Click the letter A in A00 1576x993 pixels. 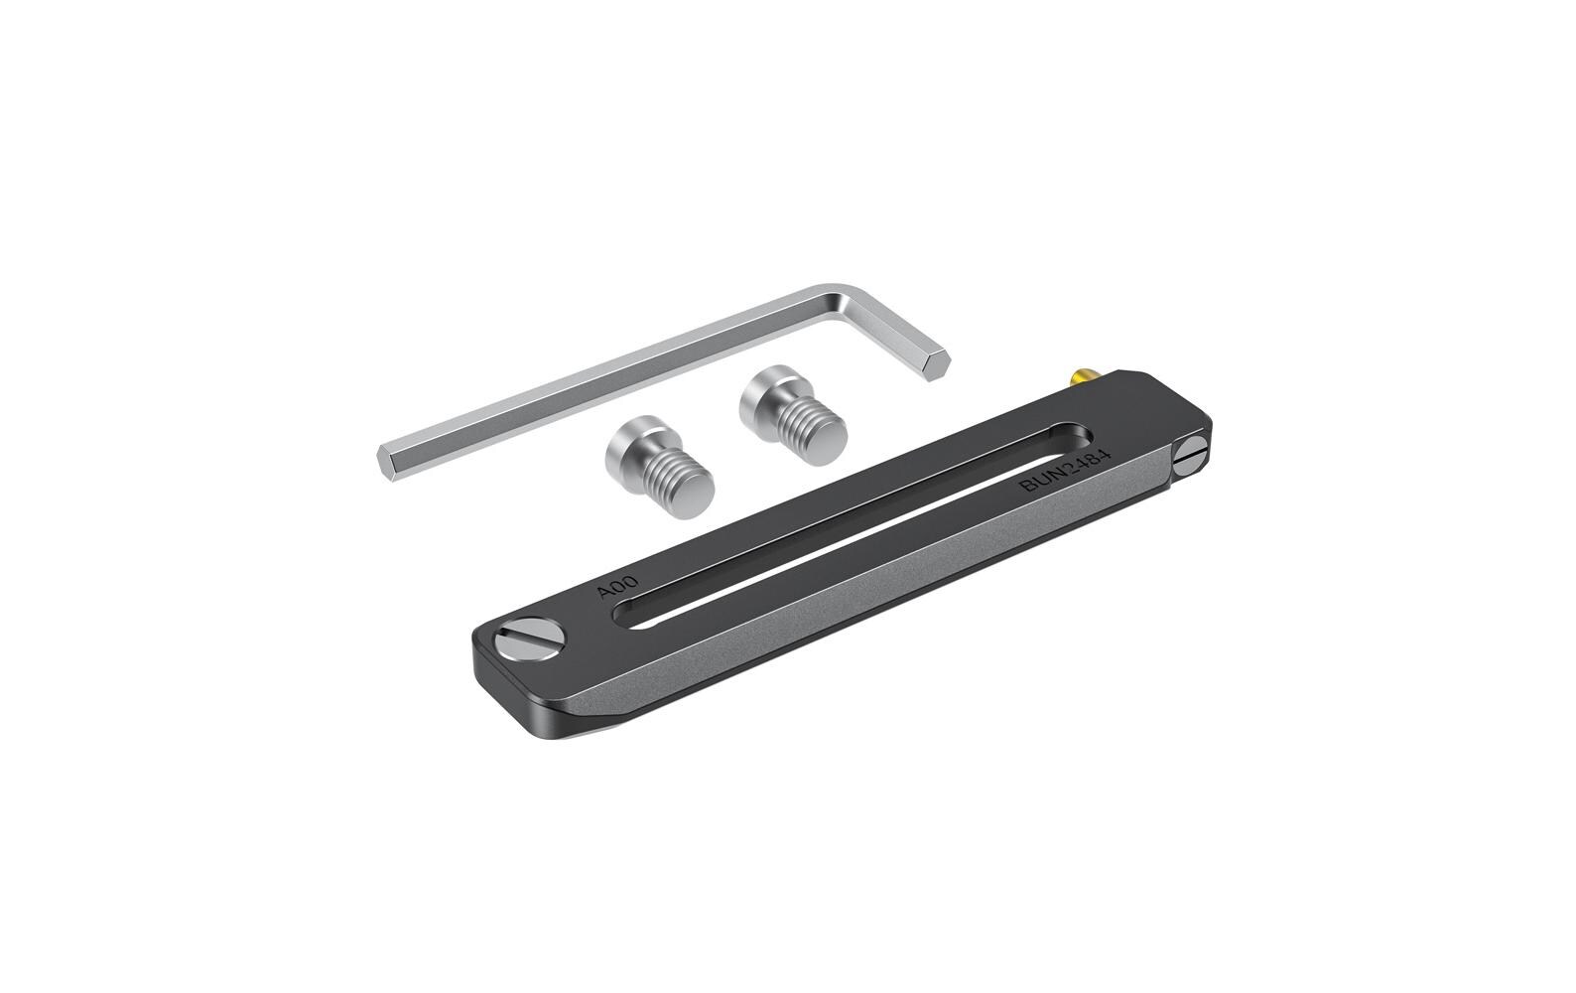pos(603,594)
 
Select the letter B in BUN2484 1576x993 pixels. pos(1031,488)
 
